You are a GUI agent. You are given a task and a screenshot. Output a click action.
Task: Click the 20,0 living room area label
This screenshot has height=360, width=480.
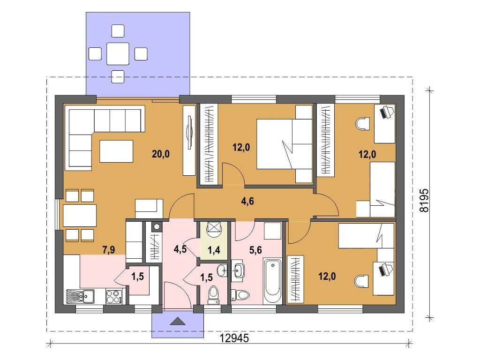(x=161, y=154)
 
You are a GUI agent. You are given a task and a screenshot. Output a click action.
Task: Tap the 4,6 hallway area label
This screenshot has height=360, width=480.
(x=247, y=202)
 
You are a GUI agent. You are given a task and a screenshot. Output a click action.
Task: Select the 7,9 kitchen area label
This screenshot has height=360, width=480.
(x=109, y=250)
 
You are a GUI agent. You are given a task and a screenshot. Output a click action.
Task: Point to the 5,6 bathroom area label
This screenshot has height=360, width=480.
(x=255, y=250)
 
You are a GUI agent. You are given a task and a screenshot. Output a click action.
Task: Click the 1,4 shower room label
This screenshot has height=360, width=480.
(x=214, y=250)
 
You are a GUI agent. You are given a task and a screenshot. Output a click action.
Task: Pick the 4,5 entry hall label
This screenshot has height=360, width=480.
(x=180, y=249)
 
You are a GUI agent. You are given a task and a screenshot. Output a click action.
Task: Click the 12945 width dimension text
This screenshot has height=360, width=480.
(x=234, y=338)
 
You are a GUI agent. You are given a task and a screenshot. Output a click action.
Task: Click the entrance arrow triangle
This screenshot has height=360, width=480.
(x=178, y=321)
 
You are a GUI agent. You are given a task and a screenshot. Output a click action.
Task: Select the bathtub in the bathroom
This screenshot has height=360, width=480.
(x=272, y=281)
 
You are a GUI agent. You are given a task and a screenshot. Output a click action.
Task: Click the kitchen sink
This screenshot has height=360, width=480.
(x=80, y=296)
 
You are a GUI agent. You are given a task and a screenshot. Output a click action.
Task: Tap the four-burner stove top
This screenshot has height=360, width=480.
(x=114, y=297)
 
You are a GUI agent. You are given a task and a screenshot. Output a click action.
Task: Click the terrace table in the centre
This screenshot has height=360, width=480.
(x=118, y=54)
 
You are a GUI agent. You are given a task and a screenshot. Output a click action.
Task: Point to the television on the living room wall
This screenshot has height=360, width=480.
(x=189, y=132)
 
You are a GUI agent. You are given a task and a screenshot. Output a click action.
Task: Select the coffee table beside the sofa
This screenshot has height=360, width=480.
(x=116, y=151)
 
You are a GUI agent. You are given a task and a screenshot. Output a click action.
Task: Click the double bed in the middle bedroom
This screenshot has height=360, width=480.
(x=285, y=144)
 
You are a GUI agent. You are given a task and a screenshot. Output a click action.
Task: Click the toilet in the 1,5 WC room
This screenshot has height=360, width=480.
(x=213, y=294)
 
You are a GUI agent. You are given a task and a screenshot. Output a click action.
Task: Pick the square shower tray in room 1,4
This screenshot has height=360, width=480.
(x=214, y=228)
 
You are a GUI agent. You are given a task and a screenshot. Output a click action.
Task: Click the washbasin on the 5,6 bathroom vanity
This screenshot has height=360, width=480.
(x=238, y=270)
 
